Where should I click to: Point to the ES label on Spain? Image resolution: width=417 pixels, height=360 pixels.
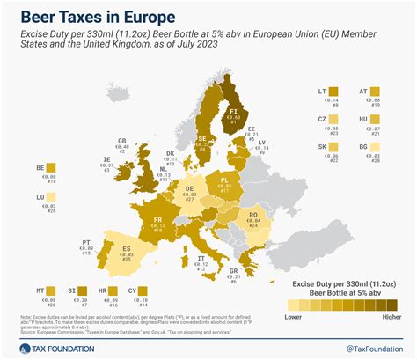(x=125, y=250)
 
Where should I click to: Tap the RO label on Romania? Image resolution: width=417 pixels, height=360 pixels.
(x=254, y=216)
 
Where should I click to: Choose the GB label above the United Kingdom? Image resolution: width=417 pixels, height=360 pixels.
(x=122, y=141)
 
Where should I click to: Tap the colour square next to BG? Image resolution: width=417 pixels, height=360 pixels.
(x=379, y=149)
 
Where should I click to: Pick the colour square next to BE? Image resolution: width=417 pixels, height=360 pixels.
(x=51, y=168)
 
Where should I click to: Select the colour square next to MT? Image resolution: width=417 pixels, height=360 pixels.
(x=51, y=291)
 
